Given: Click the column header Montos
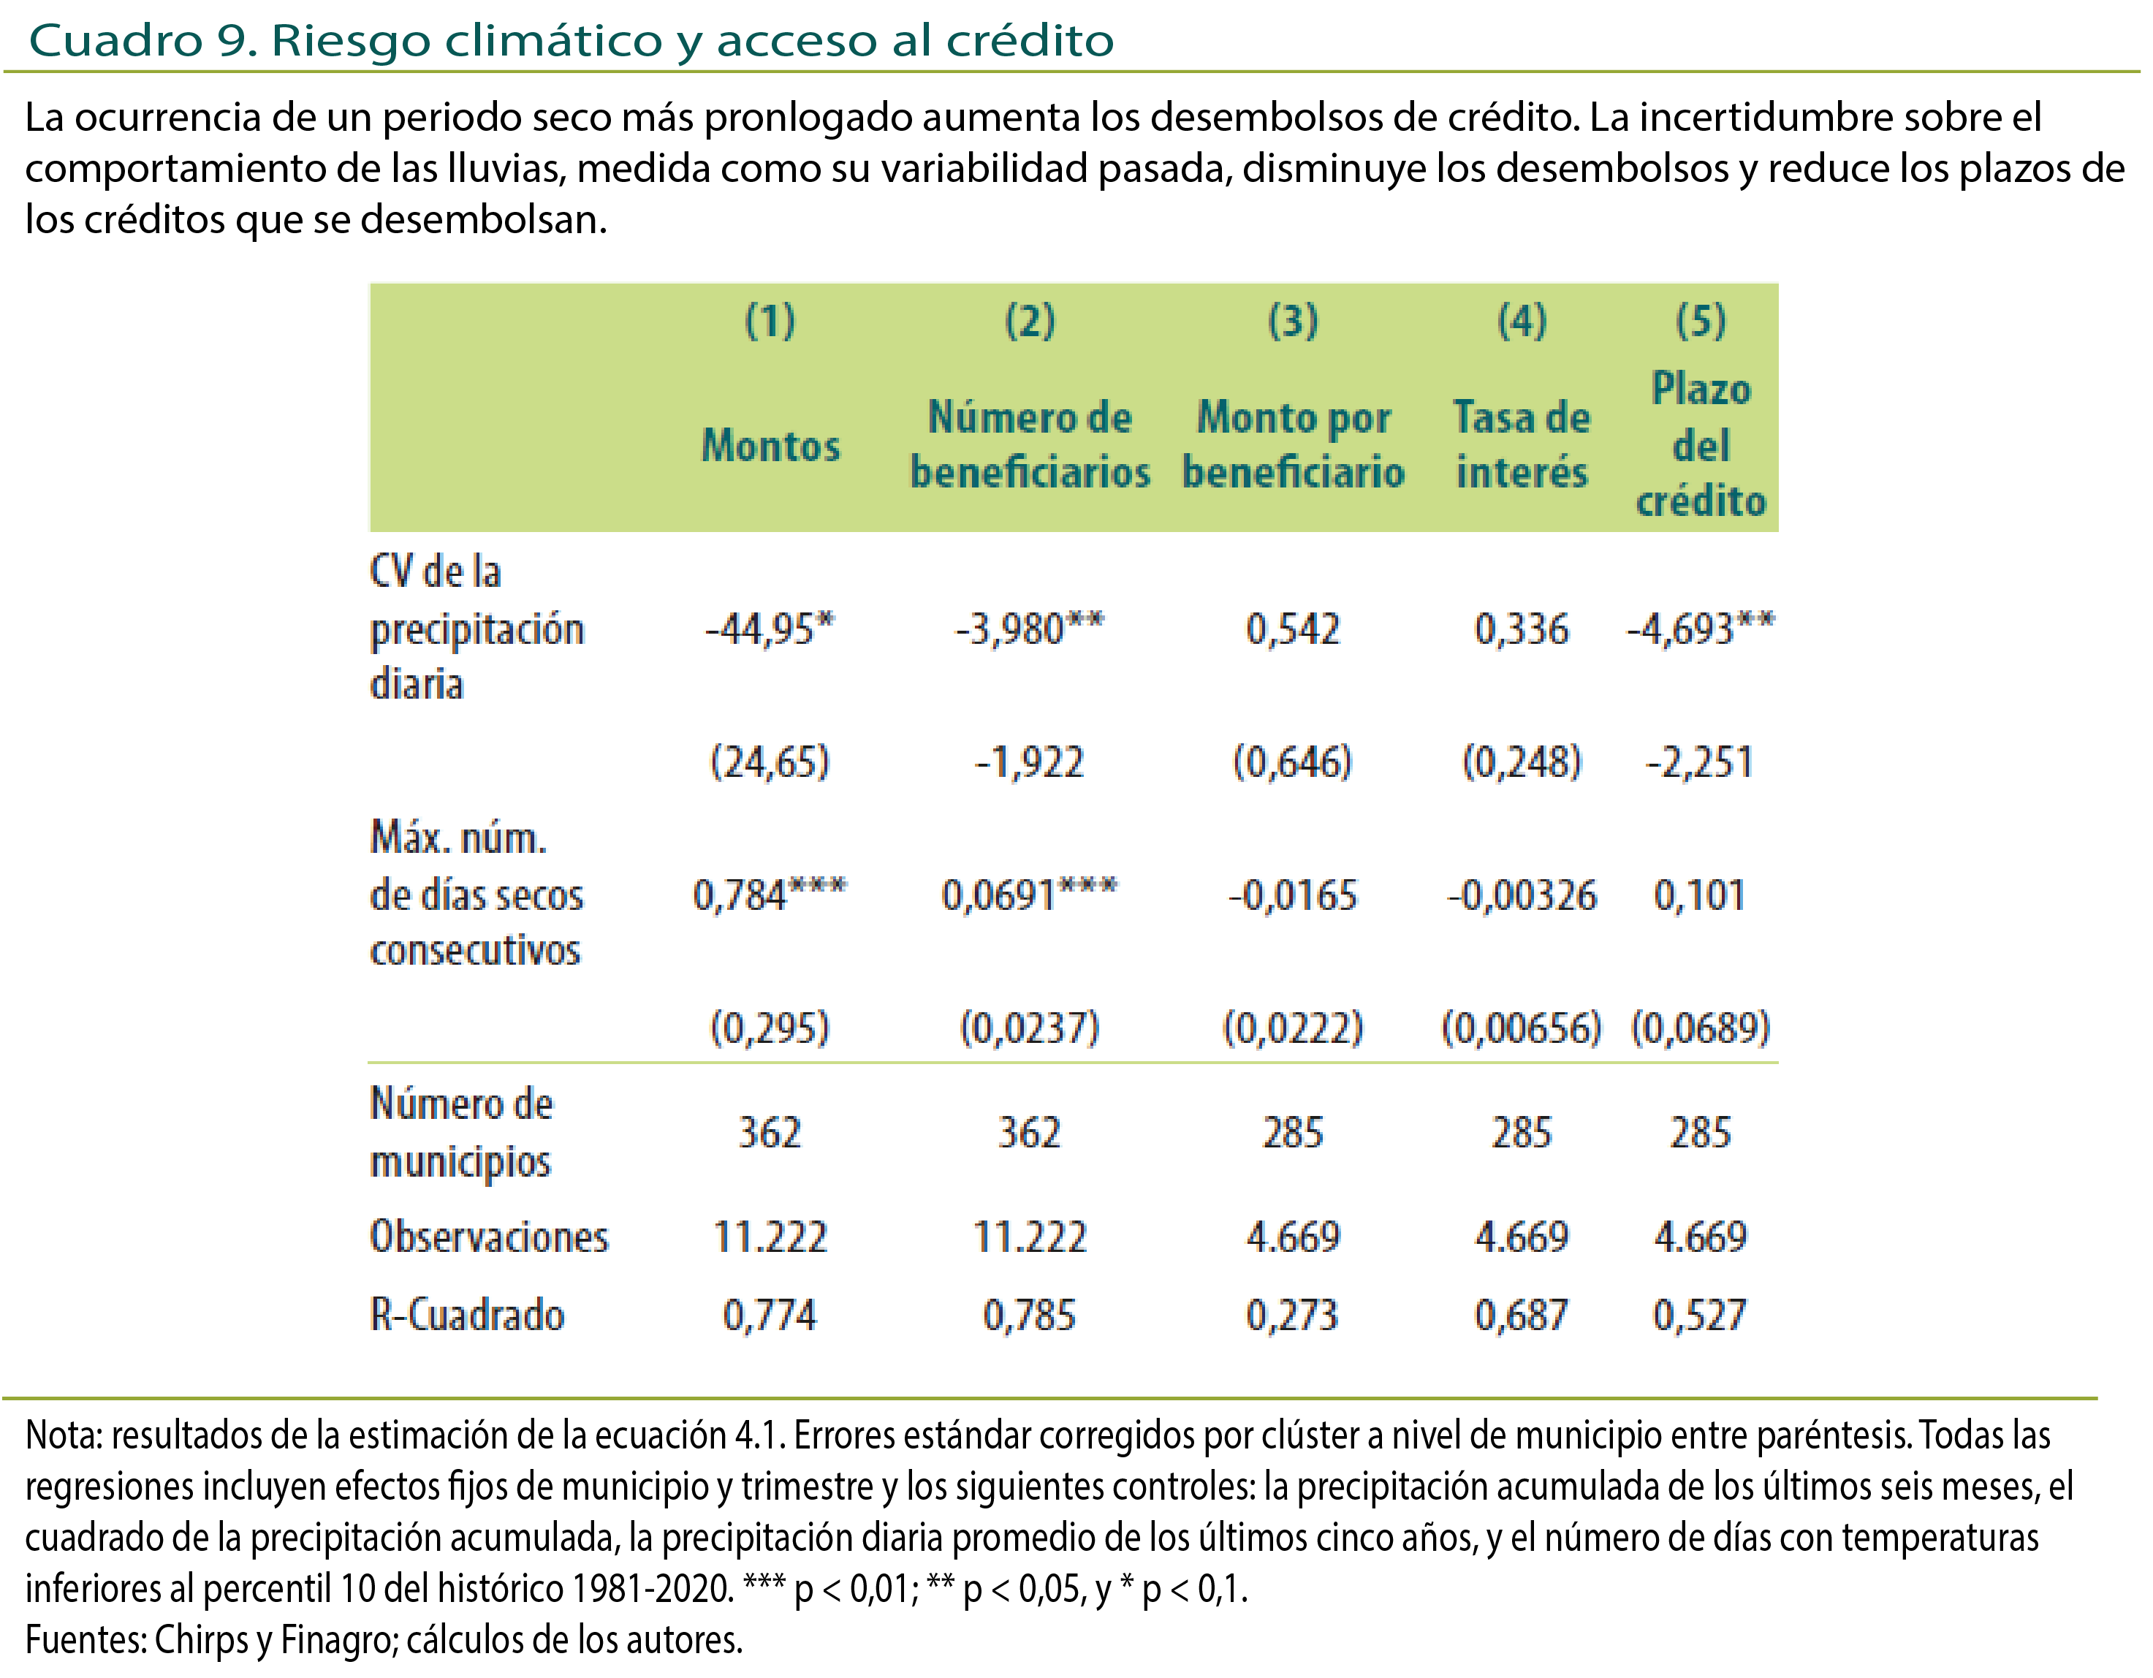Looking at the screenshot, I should point(770,446).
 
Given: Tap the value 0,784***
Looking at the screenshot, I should point(769,895).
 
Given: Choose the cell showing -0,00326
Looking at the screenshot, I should point(1521,895).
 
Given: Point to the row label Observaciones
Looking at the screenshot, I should point(489,1237).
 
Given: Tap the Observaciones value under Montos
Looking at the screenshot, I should point(769,1237).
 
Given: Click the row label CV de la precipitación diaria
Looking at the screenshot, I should point(477,628).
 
